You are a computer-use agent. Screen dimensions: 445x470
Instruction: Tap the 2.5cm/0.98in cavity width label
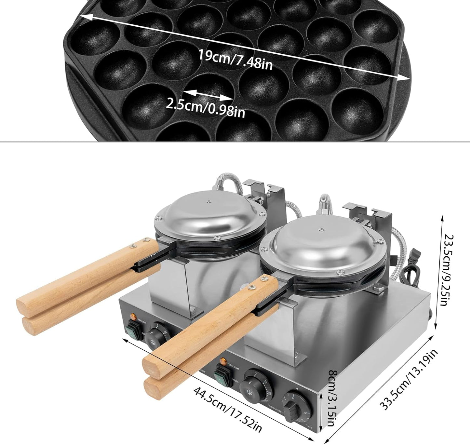point(206,107)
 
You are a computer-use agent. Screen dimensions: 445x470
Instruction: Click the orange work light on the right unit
point(223,361)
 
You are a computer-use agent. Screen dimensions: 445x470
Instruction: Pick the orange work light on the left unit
point(133,316)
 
